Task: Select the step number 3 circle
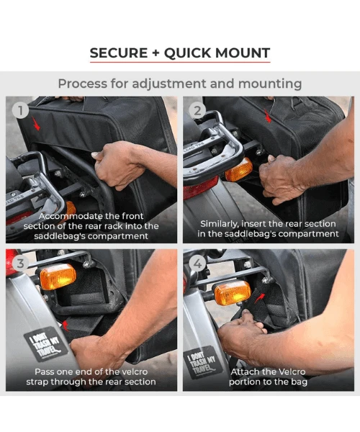[x=22, y=264]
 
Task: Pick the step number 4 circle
[x=198, y=264]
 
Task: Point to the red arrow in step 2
[x=268, y=115]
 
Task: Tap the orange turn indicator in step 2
[x=238, y=170]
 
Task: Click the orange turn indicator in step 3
[x=58, y=276]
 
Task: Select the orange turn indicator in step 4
[x=233, y=292]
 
